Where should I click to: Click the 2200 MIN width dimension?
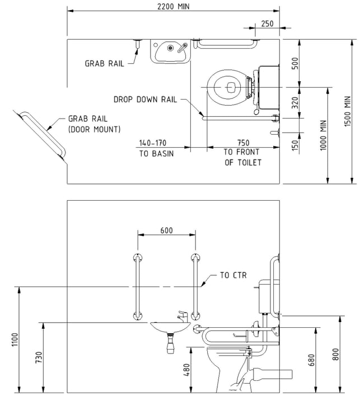[174, 6]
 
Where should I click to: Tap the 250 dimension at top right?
[267, 23]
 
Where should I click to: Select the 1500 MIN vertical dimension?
[348, 111]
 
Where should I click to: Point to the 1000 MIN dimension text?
[324, 135]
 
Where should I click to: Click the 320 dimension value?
[295, 103]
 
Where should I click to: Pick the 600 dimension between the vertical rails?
[167, 230]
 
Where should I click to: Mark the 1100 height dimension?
[15, 339]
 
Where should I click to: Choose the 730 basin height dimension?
[39, 357]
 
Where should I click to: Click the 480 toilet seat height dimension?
[186, 370]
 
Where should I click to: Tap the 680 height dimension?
[311, 360]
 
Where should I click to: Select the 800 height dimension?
[335, 354]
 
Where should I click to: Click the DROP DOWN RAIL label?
[145, 100]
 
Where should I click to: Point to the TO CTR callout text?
[233, 275]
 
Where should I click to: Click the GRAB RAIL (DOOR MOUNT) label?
[94, 124]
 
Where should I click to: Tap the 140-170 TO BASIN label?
[156, 148]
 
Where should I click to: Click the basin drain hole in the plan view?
[170, 48]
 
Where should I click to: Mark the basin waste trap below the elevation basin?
[171, 342]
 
